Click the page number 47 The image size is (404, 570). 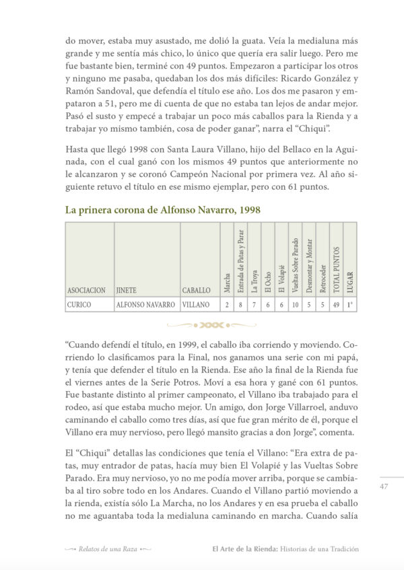tap(384, 487)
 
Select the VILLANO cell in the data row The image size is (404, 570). tap(197, 304)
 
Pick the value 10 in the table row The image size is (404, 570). tap(294, 304)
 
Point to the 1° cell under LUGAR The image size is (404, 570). tap(349, 304)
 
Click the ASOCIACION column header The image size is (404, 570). tap(86, 290)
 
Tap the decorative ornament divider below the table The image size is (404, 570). tap(211, 324)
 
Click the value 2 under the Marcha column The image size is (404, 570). tap(227, 304)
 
